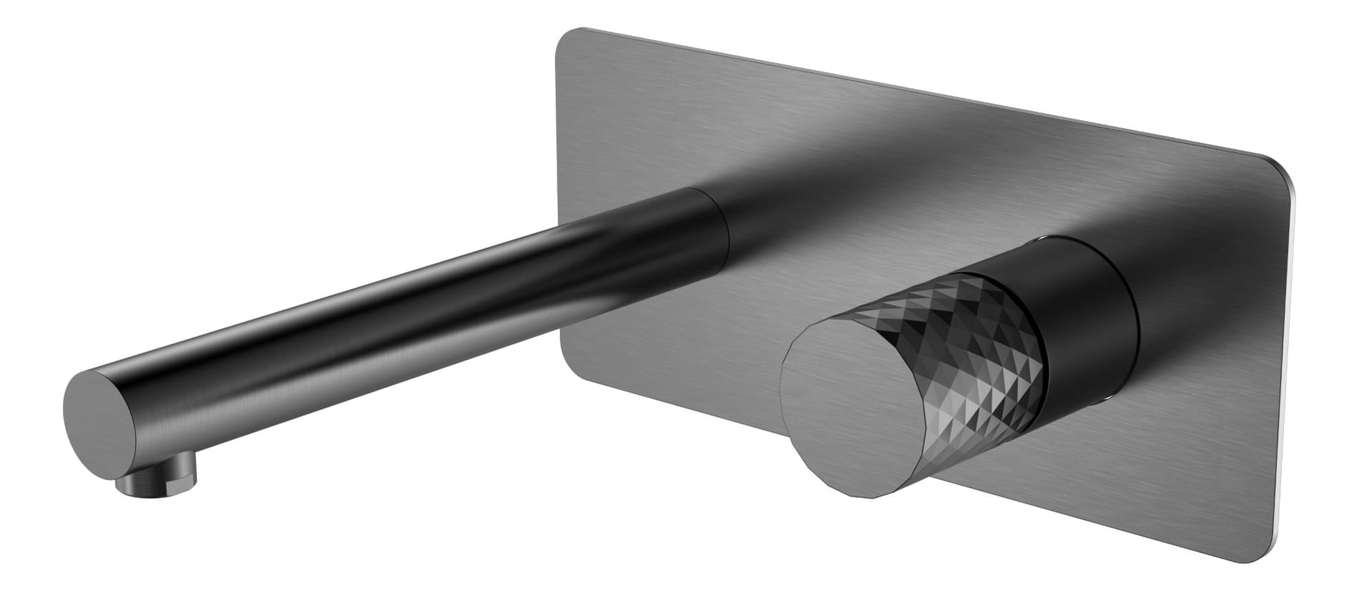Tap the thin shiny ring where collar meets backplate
(1134, 322)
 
